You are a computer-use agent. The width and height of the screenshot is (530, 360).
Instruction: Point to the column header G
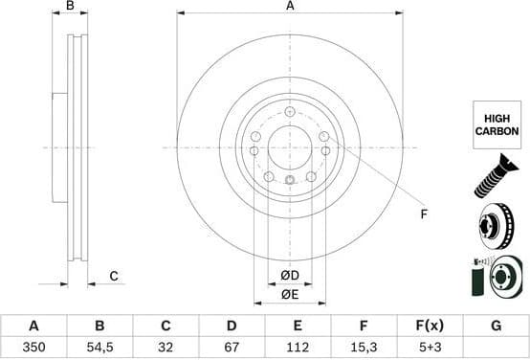pyautogui.click(x=496, y=326)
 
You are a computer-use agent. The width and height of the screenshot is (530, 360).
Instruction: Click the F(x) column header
pyautogui.click(x=430, y=326)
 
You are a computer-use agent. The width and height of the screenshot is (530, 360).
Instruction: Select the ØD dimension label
pyautogui.click(x=290, y=277)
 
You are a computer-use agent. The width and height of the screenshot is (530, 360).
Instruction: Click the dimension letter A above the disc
pyautogui.click(x=290, y=7)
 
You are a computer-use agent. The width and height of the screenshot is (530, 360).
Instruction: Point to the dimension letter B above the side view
pyautogui.click(x=70, y=7)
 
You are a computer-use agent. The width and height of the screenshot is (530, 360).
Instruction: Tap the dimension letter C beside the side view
pyautogui.click(x=113, y=277)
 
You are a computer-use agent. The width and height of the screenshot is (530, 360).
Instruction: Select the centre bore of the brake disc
pyautogui.click(x=289, y=146)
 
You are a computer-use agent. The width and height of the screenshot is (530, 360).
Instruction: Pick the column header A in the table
pyautogui.click(x=34, y=326)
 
